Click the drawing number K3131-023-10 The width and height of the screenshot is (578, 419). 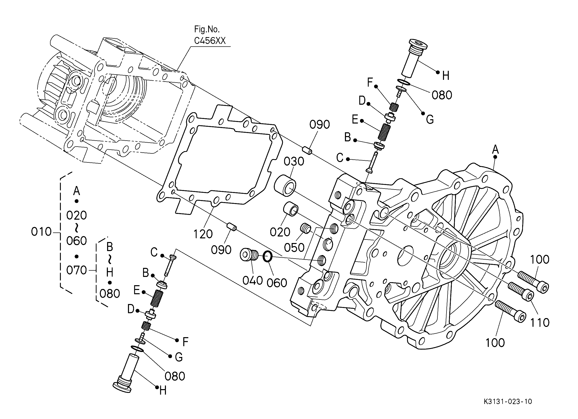pos(508,401)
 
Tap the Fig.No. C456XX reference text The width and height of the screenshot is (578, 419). pos(210,35)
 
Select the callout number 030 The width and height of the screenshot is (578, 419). pos(294,161)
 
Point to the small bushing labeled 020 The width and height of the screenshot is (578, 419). pos(291,209)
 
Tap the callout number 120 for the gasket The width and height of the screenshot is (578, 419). pos(203,234)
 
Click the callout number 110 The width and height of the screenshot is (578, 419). pos(540,323)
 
